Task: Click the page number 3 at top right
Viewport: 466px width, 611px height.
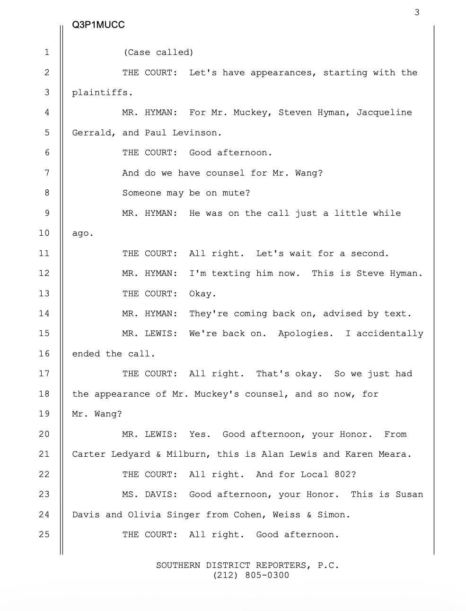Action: pyautogui.click(x=417, y=12)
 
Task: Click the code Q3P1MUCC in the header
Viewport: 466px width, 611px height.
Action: pyautogui.click(x=98, y=25)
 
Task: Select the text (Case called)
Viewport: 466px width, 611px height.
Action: pyautogui.click(x=158, y=53)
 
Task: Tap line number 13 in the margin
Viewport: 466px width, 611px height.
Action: pyautogui.click(x=44, y=293)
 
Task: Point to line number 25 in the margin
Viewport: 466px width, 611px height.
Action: pyautogui.click(x=44, y=534)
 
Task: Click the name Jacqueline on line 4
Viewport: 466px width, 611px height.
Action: pyautogui.click(x=384, y=113)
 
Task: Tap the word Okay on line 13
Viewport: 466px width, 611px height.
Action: pyautogui.click(x=202, y=293)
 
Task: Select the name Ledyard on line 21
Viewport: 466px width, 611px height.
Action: pyautogui.click(x=131, y=454)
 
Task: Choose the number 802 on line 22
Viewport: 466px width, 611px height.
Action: pyautogui.click(x=345, y=474)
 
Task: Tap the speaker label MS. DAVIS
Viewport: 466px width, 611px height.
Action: pyautogui.click(x=149, y=495)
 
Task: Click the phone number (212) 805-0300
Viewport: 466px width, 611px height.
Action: pyautogui.click(x=251, y=576)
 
